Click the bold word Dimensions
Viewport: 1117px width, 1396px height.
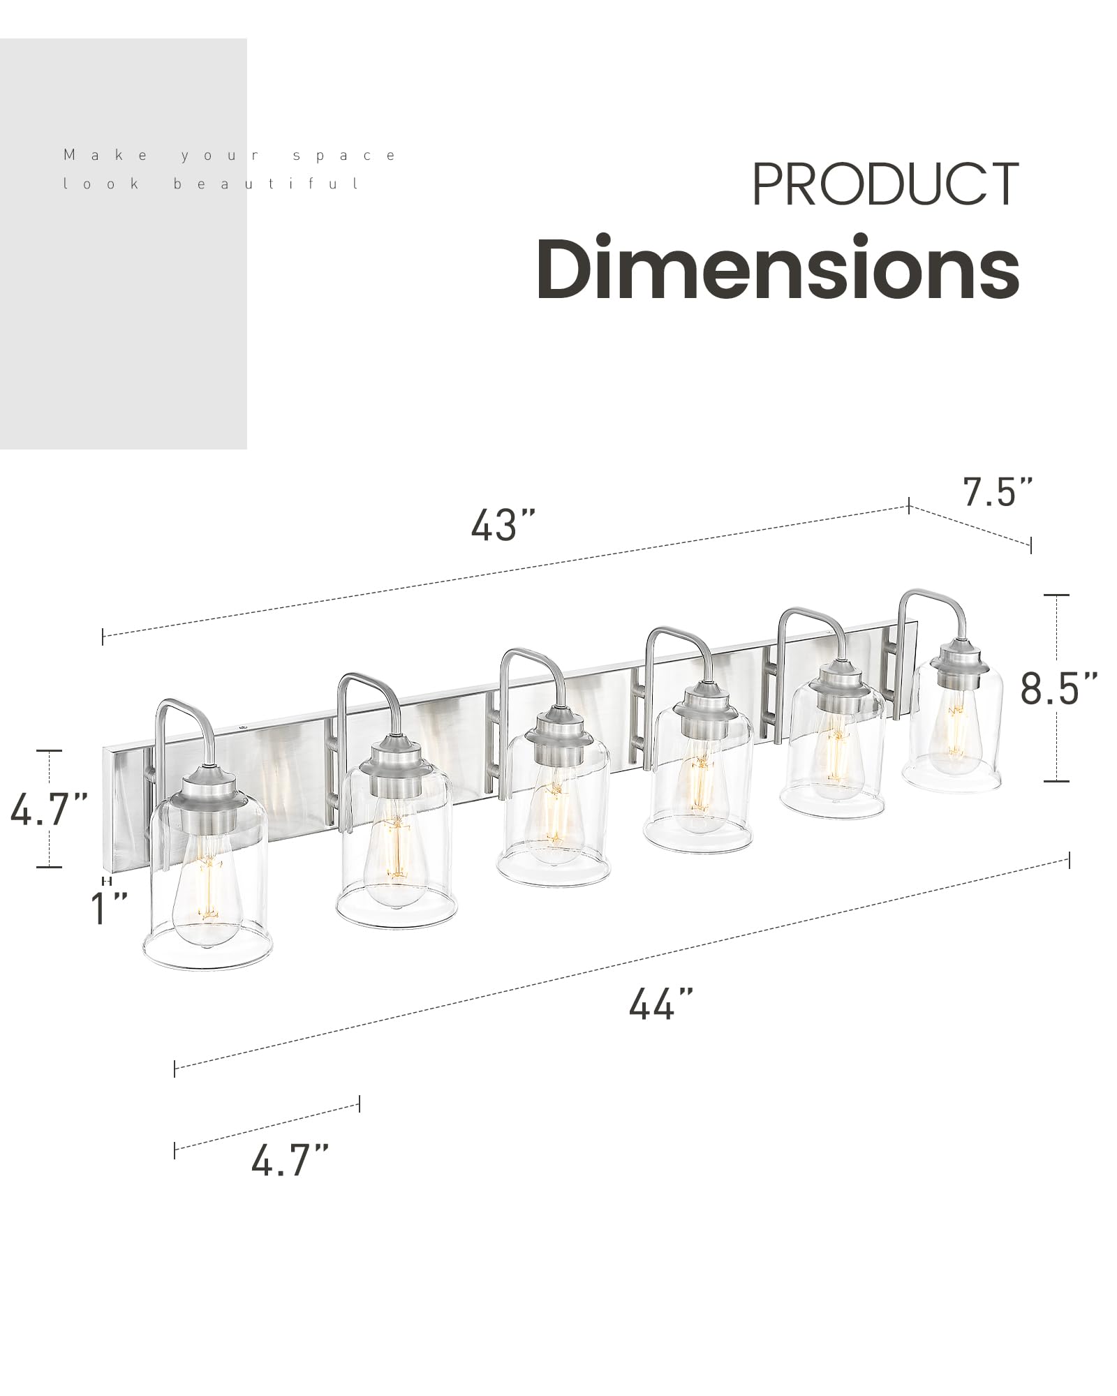(778, 269)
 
